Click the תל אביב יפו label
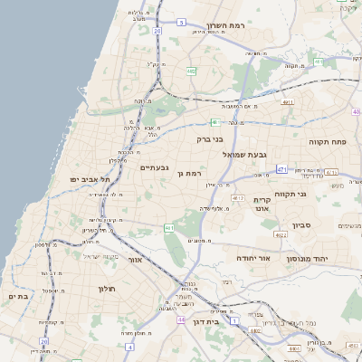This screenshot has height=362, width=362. (90, 179)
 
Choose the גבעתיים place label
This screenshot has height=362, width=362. (154, 168)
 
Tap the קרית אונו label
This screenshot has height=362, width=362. (262, 204)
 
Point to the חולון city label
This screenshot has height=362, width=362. (107, 289)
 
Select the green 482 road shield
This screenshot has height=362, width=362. (191, 70)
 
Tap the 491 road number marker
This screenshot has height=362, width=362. (288, 103)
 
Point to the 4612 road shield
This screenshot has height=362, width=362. (239, 196)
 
